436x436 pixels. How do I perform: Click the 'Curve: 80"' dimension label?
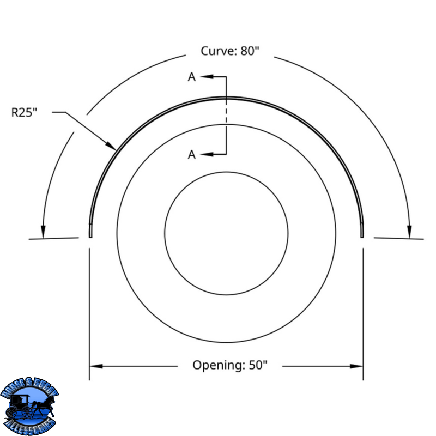[x=229, y=51]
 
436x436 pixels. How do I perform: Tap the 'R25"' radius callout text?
[x=24, y=112]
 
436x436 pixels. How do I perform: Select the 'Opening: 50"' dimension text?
[x=229, y=365]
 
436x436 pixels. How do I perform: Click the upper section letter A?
[x=192, y=77]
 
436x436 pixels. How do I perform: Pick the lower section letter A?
[x=192, y=155]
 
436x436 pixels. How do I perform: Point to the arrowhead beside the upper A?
[x=207, y=76]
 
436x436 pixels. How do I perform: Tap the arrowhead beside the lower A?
[x=207, y=154]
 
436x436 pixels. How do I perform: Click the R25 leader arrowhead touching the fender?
[x=111, y=146]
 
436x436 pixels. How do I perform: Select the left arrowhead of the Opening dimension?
[x=96, y=366]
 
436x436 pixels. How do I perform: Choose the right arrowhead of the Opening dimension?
[x=356, y=366]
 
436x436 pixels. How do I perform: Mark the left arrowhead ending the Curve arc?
[x=43, y=232]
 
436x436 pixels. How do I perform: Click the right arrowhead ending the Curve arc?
[x=409, y=232]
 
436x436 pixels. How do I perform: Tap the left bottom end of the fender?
[x=90, y=237]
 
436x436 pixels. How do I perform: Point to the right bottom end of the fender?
[x=362, y=237]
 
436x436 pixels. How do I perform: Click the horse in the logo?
[x=45, y=407]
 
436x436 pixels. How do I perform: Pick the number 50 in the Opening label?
[x=256, y=365]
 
